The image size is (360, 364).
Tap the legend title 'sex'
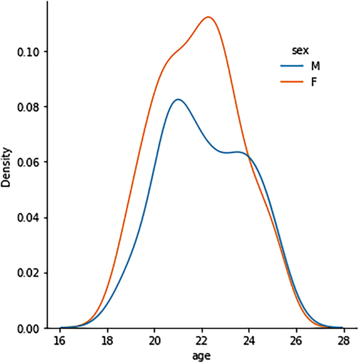(301, 50)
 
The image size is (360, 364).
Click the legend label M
(315, 66)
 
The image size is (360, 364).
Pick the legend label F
(314, 82)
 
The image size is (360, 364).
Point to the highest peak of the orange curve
(208, 17)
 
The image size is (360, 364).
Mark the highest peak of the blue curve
(178, 99)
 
